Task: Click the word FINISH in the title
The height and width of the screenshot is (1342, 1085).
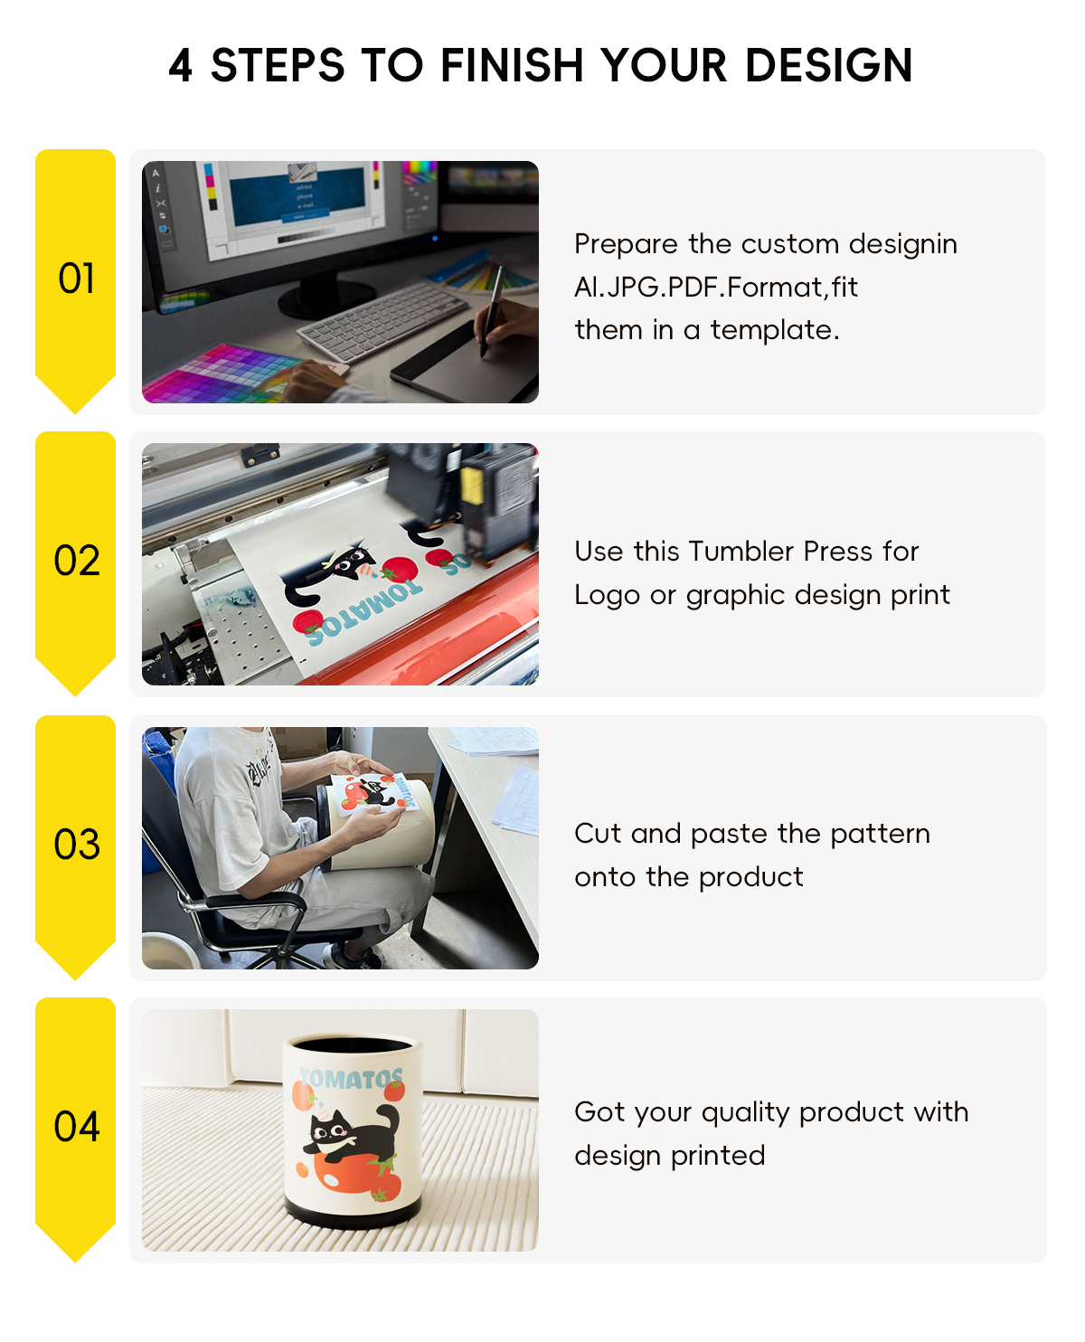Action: click(512, 65)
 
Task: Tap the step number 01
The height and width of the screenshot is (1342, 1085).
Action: click(76, 279)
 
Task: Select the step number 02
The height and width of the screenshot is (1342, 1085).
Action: click(76, 560)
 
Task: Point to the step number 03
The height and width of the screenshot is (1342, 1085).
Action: click(76, 844)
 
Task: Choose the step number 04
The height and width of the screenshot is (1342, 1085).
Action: click(76, 1126)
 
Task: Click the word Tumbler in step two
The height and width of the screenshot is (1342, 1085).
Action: click(741, 551)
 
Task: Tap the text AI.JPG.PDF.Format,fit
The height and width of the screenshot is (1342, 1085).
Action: click(715, 288)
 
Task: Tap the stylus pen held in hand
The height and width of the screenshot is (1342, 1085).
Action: click(492, 310)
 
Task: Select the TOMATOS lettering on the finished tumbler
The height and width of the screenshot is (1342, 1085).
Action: click(352, 1079)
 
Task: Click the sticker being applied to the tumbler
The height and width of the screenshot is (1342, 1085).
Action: click(374, 792)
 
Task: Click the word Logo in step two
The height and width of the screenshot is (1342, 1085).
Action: click(607, 595)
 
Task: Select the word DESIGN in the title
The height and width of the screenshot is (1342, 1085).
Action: click(829, 65)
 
